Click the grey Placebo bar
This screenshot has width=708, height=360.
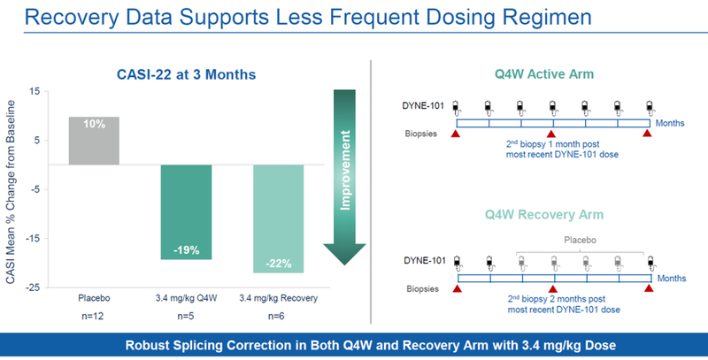tap(94, 141)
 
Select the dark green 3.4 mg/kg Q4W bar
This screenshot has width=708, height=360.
tap(186, 211)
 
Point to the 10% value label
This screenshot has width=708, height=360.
tap(94, 125)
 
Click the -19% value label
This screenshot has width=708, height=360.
tap(186, 249)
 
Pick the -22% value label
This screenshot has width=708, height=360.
tap(278, 264)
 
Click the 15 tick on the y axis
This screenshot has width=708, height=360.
tap(34, 91)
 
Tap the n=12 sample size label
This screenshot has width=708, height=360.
tap(94, 315)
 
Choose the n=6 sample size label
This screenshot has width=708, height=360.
tap(278, 315)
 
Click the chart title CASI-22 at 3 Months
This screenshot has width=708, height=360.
tap(187, 73)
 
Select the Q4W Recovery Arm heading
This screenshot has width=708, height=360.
tap(552, 215)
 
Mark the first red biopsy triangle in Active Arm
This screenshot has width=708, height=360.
tap(456, 134)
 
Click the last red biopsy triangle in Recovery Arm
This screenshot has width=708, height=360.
tap(649, 287)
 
